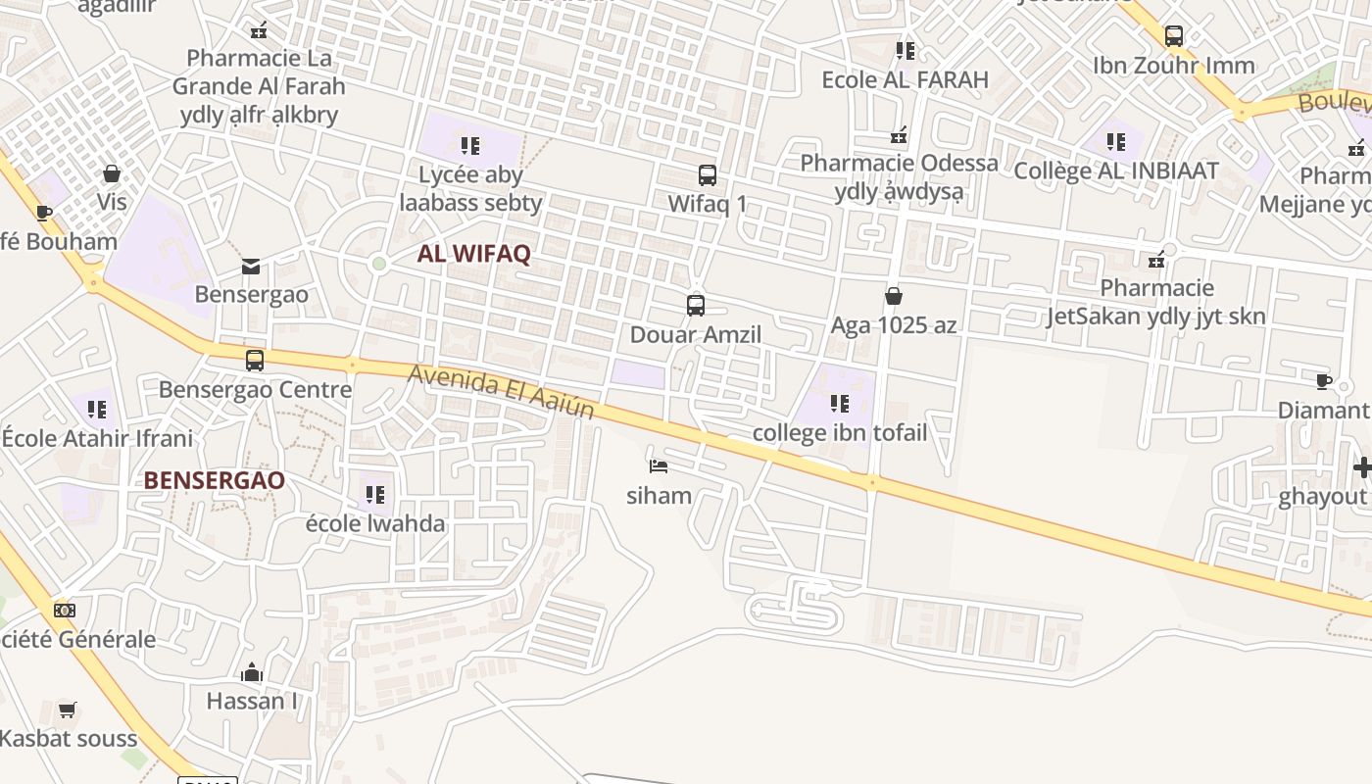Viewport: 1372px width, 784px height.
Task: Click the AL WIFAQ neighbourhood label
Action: click(473, 254)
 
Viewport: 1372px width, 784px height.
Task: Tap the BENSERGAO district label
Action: click(214, 480)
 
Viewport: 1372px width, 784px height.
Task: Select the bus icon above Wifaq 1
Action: click(707, 175)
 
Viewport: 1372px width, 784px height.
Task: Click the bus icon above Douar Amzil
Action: click(695, 305)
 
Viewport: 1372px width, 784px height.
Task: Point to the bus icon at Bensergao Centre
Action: click(255, 360)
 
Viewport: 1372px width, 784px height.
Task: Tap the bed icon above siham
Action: click(659, 465)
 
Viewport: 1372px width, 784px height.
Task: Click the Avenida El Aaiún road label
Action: click(501, 391)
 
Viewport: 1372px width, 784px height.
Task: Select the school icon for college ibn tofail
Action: click(839, 403)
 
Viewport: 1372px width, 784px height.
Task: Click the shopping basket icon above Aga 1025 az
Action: click(893, 295)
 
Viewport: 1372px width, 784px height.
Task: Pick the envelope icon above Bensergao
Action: click(251, 266)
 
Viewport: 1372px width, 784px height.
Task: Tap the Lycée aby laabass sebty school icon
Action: click(470, 146)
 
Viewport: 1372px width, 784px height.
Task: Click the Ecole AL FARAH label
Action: click(905, 79)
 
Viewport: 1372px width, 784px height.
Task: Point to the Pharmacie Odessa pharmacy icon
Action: click(899, 135)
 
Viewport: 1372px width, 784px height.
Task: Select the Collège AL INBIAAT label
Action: click(1115, 171)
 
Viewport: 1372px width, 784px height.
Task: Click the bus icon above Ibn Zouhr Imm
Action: click(1173, 36)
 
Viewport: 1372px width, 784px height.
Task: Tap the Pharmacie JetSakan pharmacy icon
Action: click(1157, 259)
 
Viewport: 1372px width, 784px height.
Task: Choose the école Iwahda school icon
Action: click(375, 494)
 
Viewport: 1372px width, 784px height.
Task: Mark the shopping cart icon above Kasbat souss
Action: click(67, 710)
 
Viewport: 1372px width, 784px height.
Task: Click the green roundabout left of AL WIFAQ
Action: click(379, 263)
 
